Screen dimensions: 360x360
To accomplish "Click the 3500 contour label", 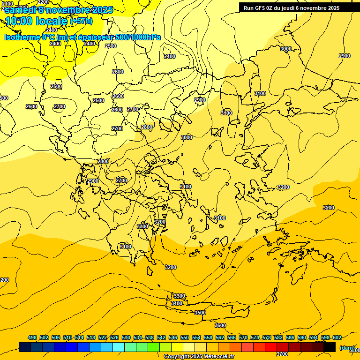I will point(200,313).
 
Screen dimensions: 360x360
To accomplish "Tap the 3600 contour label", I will point(220,325).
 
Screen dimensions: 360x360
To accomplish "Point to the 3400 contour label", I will point(177,303).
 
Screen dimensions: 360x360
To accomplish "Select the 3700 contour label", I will point(282,354).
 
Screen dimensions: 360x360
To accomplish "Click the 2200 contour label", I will point(43,2).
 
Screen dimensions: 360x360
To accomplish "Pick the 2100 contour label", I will point(7,4).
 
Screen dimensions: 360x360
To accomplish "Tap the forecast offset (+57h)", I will point(81,21).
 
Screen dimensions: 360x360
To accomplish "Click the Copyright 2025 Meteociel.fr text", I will point(199,356).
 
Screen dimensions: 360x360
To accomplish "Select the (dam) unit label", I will point(347,347).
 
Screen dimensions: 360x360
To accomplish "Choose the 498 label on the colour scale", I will point(32,337).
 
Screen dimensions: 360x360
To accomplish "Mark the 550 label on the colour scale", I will point(185,337).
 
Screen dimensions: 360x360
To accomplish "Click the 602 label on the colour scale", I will point(337,337).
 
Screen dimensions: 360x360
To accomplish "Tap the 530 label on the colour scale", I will point(126,337).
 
